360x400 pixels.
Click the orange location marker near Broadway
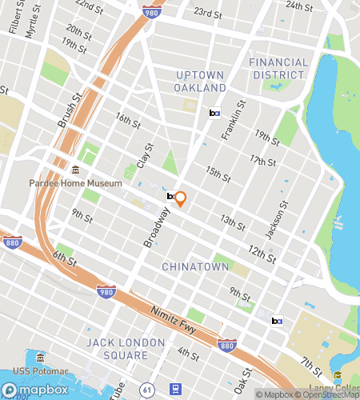[x=181, y=199]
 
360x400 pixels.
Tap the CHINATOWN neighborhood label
[x=195, y=266]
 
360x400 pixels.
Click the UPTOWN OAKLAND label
[x=201, y=81]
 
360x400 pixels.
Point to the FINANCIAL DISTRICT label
[x=278, y=68]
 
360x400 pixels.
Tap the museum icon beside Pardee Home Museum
[x=76, y=170]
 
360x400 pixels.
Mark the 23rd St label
[x=207, y=13]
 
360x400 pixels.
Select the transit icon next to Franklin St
[x=214, y=114]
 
